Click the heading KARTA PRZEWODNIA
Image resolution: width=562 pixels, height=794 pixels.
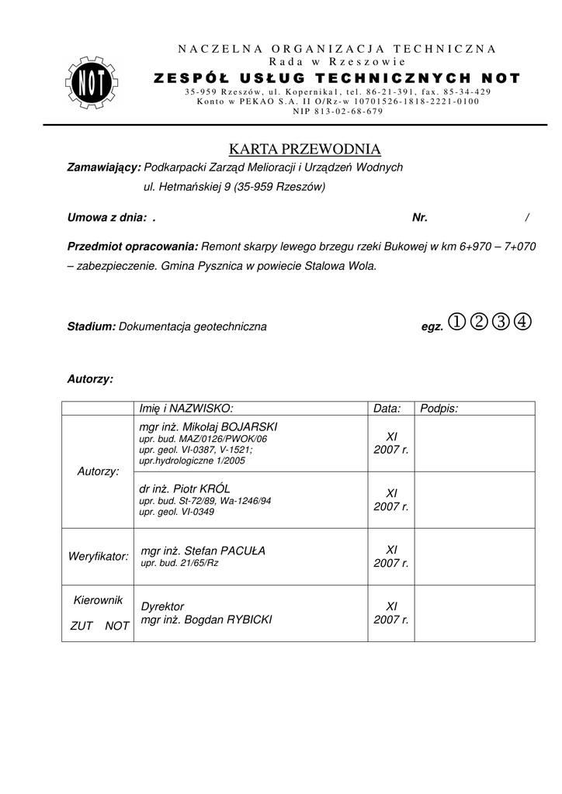click(304, 149)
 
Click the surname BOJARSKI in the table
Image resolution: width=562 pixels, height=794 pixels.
click(249, 427)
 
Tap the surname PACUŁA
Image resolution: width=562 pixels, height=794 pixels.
click(241, 551)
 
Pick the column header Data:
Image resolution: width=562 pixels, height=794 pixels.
click(387, 409)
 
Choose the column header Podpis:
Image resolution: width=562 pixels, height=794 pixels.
click(439, 409)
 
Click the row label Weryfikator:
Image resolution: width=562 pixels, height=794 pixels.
click(98, 557)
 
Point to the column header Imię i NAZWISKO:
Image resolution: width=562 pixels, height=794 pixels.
click(186, 409)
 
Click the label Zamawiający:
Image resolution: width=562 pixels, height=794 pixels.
click(104, 167)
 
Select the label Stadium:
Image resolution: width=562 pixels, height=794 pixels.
click(92, 327)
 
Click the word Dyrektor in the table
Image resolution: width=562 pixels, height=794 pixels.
click(162, 606)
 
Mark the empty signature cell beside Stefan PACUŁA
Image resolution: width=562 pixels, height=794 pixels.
click(474, 557)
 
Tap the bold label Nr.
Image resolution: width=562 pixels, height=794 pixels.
click(420, 219)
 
